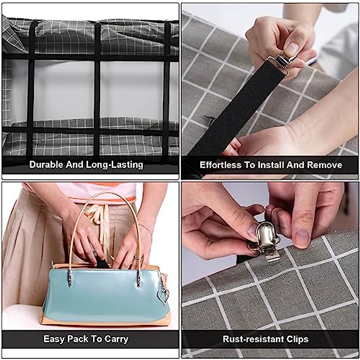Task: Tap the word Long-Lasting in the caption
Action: (115, 165)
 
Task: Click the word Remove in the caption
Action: (325, 165)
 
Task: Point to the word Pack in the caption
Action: (78, 339)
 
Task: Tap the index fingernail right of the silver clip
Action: (302, 238)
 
